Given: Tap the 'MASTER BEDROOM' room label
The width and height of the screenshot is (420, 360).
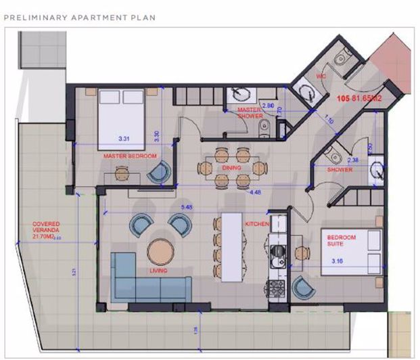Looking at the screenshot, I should click(x=130, y=156).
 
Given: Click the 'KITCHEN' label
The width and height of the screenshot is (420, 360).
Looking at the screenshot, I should click(x=258, y=223).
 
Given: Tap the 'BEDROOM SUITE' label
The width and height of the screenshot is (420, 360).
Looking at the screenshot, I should click(x=342, y=240).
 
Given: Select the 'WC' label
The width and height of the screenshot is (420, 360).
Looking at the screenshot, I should click(x=321, y=76).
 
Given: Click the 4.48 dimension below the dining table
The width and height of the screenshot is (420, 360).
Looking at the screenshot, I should click(x=255, y=192).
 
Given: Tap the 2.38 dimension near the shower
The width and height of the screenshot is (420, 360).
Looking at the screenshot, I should click(x=353, y=160).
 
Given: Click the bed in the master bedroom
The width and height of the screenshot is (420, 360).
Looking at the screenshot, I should click(x=122, y=118).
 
